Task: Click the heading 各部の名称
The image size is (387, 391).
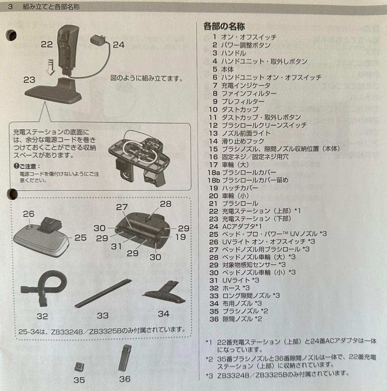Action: click(x=224, y=26)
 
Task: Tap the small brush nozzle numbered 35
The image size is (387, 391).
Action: click(x=79, y=367)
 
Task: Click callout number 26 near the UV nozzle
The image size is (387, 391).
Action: click(x=29, y=214)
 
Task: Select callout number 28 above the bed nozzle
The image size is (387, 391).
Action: click(x=165, y=204)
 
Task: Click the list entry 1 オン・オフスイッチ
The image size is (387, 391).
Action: click(x=244, y=37)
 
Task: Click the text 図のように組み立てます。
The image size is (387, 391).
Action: click(x=146, y=78)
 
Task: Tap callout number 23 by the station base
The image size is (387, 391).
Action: click(x=29, y=80)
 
